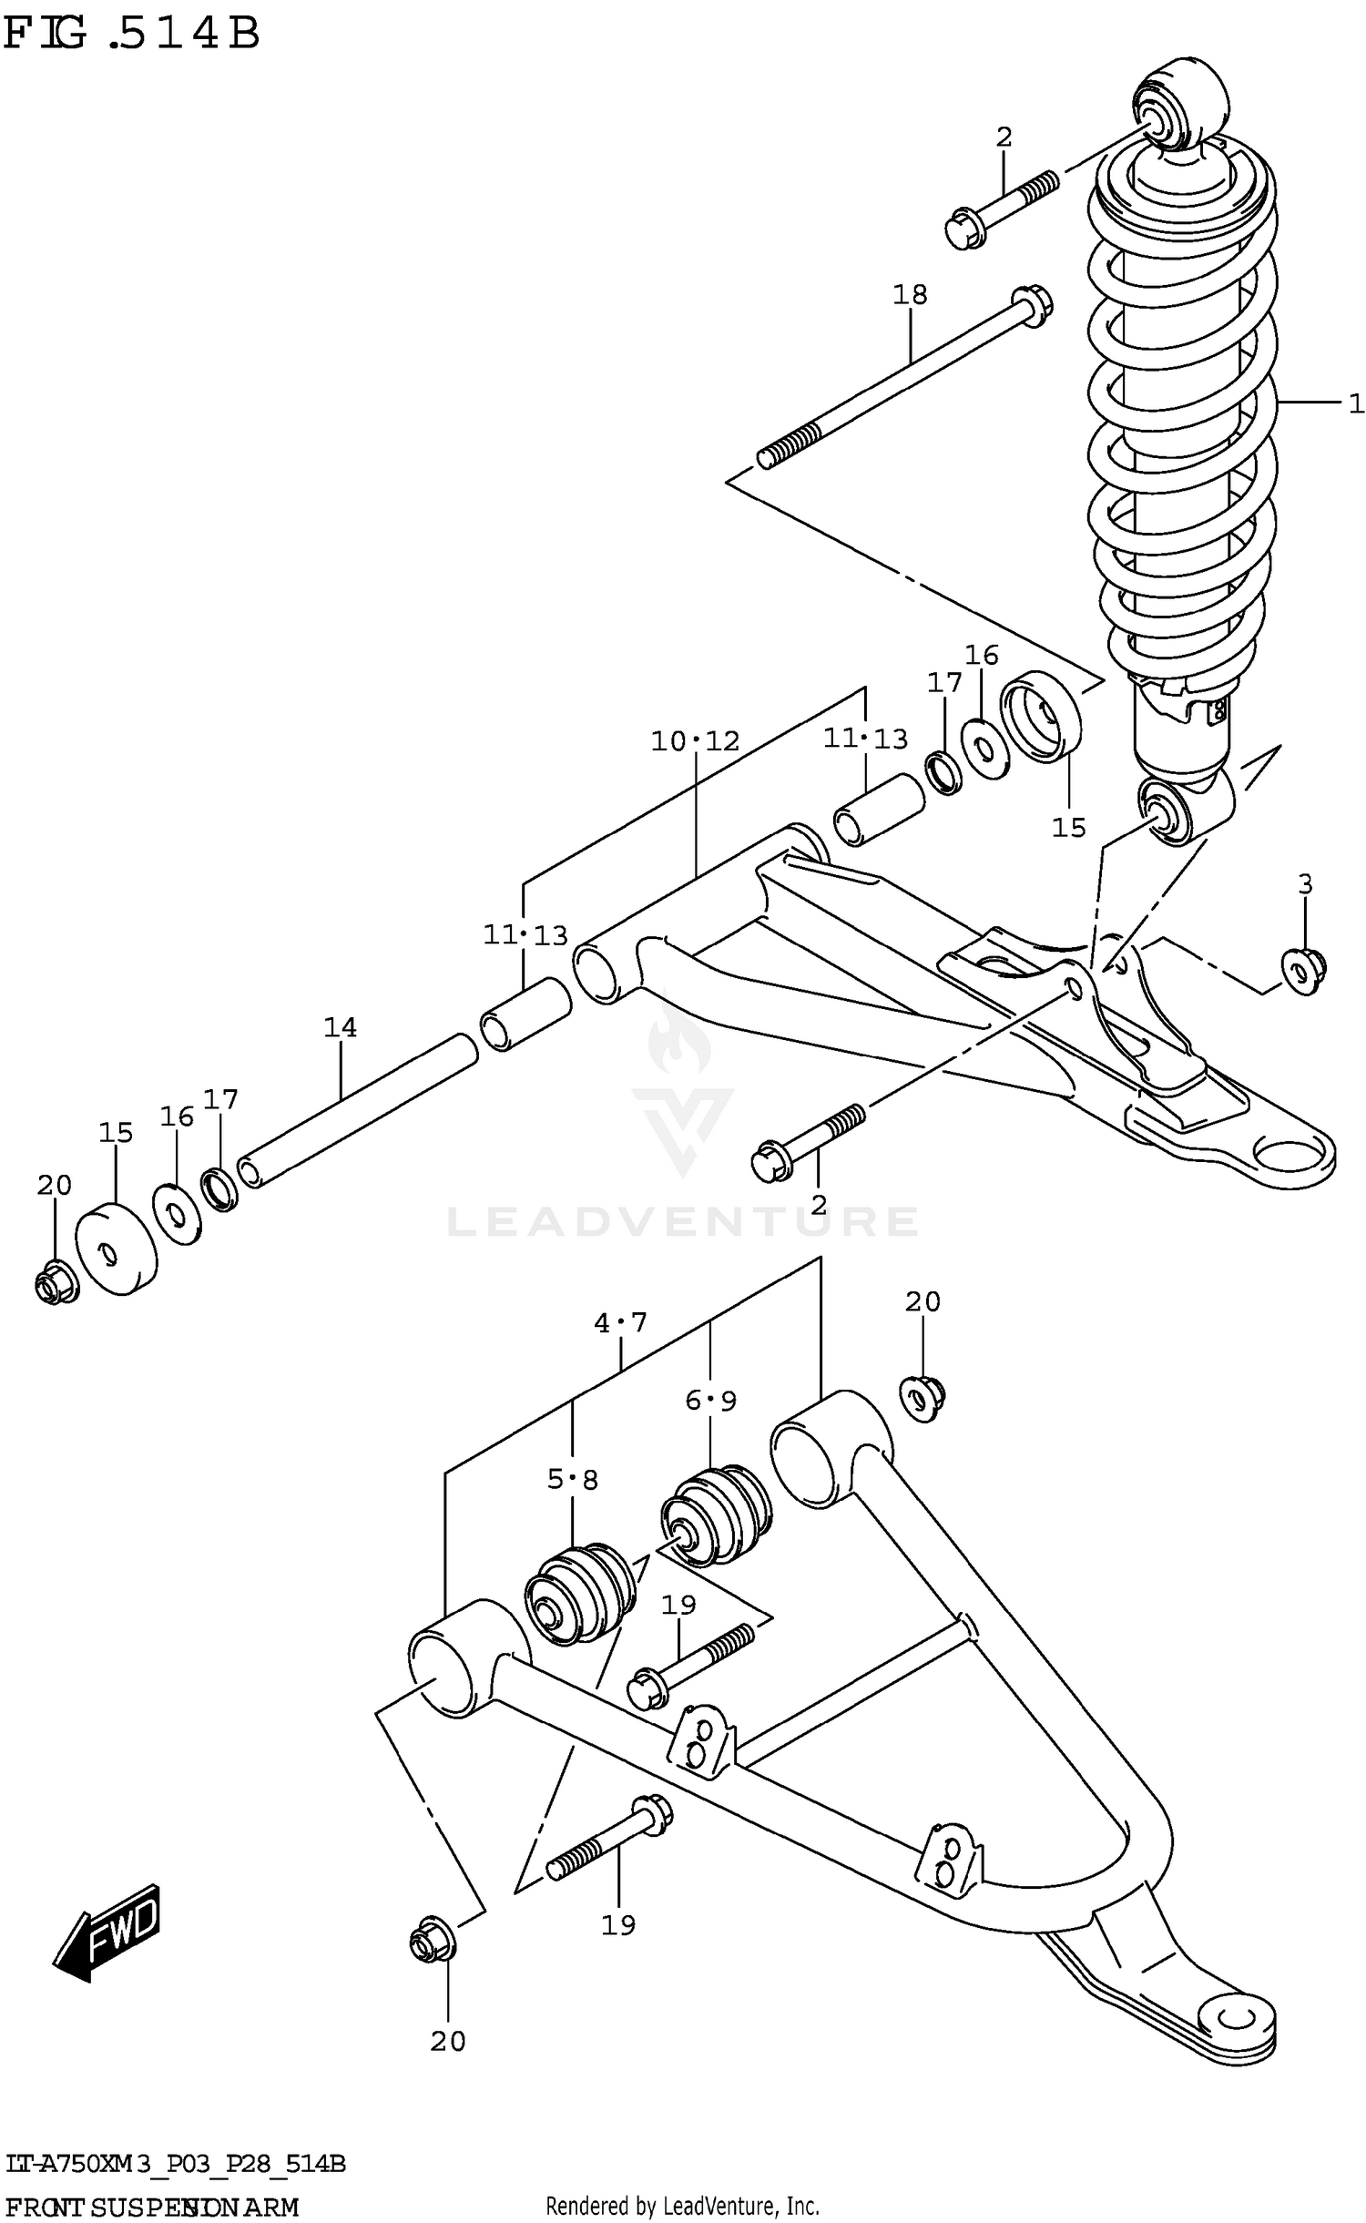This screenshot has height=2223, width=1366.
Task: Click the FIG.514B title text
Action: coord(132,34)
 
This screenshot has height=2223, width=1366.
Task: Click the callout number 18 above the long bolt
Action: coord(909,294)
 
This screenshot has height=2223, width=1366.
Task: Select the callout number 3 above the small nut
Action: coord(1305,883)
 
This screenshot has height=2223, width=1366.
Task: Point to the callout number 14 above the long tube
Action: coord(340,1027)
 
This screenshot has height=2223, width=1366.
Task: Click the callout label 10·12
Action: coord(695,741)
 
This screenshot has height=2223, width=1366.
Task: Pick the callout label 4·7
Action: coord(620,1321)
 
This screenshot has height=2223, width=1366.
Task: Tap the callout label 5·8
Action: coord(572,1480)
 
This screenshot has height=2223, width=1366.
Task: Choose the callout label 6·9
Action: coord(710,1401)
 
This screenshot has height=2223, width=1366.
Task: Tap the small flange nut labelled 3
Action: coord(1303,971)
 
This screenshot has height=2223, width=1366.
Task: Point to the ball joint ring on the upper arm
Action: coord(1293,1158)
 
